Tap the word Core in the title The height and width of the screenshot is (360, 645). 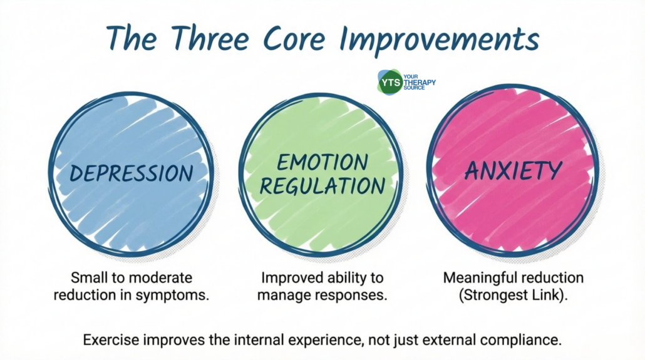pyautogui.click(x=294, y=38)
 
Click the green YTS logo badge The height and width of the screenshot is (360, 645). pyautogui.click(x=390, y=82)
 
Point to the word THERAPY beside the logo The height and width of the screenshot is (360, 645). pyautogui.click(x=419, y=82)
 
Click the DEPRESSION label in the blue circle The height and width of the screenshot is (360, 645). pyautogui.click(x=132, y=173)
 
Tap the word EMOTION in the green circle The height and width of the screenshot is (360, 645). pyautogui.click(x=322, y=162)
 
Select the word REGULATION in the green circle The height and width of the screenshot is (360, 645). pyautogui.click(x=322, y=186)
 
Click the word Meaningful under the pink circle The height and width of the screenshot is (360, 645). pyautogui.click(x=475, y=278)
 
